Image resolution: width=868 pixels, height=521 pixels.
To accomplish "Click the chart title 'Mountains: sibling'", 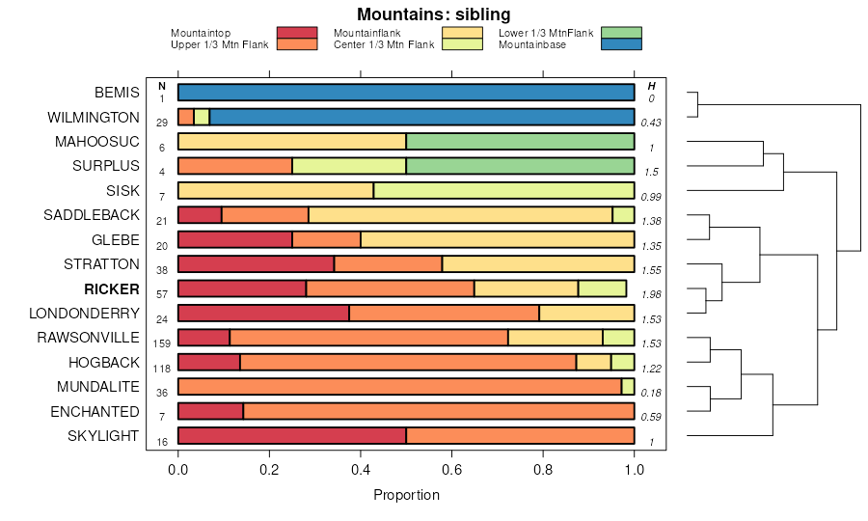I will [433, 14].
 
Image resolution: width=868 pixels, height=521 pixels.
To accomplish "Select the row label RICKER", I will [112, 288].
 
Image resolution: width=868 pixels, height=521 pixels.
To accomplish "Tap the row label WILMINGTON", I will [94, 118].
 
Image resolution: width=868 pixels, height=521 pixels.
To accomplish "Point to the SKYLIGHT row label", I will [103, 436].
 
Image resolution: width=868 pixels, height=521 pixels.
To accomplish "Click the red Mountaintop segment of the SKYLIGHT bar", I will [292, 436].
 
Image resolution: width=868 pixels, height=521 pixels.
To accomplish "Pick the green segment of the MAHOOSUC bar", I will [520, 142].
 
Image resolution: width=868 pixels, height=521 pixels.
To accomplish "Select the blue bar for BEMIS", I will [406, 93].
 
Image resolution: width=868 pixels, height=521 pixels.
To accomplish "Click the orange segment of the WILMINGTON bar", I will [186, 118].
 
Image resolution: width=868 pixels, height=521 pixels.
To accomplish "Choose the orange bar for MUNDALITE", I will [400, 387].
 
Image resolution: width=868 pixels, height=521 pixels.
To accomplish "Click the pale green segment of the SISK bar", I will [503, 191].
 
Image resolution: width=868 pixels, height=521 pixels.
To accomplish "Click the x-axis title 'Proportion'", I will [406, 495].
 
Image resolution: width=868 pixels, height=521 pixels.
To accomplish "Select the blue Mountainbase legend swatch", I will [620, 44].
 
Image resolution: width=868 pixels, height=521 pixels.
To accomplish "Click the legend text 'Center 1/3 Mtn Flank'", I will [383, 44].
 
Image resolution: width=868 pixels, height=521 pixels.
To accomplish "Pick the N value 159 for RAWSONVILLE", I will [162, 343].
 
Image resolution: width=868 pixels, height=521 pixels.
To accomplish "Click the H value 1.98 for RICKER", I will [652, 294].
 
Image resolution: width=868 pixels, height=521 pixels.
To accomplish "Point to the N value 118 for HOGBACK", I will [162, 368].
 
